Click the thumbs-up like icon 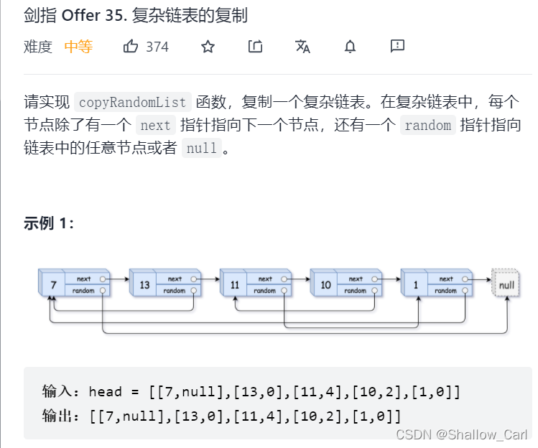click(x=131, y=47)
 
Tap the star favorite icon click(x=208, y=47)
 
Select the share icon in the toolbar click(x=255, y=47)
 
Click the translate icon click(x=302, y=47)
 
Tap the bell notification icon click(x=350, y=47)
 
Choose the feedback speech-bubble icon click(x=397, y=47)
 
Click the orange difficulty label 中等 click(x=78, y=47)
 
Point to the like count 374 click(x=157, y=47)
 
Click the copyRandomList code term click(x=133, y=102)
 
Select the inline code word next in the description click(x=155, y=126)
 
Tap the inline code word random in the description click(x=427, y=126)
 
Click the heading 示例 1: click(x=49, y=223)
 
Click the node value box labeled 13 click(x=144, y=285)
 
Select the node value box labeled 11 click(x=235, y=285)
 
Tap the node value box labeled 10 click(x=325, y=285)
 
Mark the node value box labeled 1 click(x=416, y=285)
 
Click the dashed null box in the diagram click(x=506, y=285)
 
